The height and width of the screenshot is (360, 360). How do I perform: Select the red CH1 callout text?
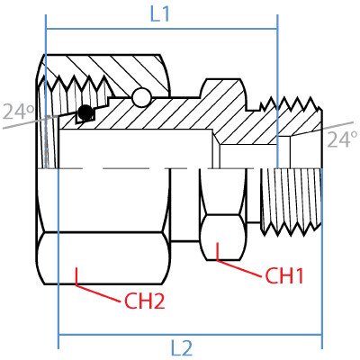[x=284, y=275]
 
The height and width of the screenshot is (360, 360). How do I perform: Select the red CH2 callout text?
[x=144, y=302]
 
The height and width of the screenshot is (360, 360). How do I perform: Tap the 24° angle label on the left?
[x=15, y=112]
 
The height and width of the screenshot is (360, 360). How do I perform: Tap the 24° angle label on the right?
[x=341, y=139]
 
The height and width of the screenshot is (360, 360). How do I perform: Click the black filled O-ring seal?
[x=85, y=112]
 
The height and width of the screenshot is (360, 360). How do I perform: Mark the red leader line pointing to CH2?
[x=99, y=292]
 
